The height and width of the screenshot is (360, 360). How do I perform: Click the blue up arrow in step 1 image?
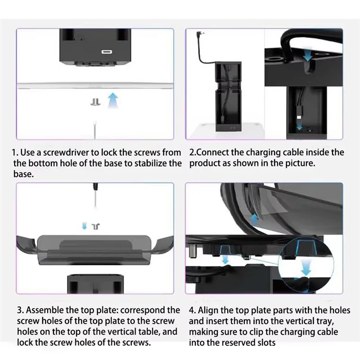(x=112, y=100)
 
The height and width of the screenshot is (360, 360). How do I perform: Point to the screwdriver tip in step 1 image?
(x=95, y=127)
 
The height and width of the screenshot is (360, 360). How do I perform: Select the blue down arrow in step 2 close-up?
(x=307, y=55)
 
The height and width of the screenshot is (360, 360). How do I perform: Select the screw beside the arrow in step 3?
(x=95, y=226)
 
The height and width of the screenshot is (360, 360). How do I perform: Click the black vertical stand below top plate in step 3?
(x=95, y=283)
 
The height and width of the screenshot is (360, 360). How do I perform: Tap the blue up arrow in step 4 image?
(x=254, y=220)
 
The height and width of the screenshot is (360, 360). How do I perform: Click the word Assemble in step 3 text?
(x=45, y=310)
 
